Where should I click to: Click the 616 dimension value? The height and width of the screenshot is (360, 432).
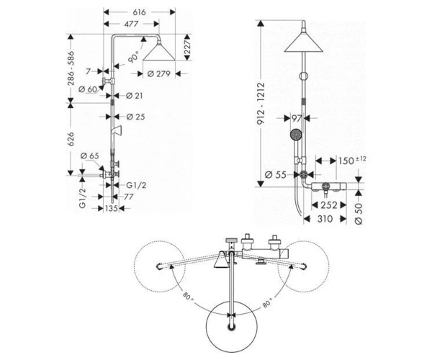pos(139,12)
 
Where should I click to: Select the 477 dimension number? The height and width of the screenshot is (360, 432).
pos(131,24)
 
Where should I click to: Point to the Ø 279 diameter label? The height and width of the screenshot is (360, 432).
pos(158,74)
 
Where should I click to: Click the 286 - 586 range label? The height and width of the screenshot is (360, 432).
pos(71,68)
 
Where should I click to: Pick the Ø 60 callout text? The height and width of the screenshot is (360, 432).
pos(88,89)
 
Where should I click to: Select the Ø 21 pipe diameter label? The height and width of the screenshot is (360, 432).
pos(134,96)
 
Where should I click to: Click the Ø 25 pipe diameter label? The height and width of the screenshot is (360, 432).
pos(135,117)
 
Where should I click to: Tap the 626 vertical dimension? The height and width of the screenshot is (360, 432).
pos(71,139)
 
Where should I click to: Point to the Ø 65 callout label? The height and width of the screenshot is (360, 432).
pos(90,156)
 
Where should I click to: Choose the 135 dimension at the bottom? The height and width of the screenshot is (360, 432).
pos(112,209)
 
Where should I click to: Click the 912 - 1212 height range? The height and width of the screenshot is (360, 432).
pos(261,103)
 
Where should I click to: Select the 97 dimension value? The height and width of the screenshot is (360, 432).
pos(297,118)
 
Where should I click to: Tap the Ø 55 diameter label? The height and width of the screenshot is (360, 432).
pos(275,175)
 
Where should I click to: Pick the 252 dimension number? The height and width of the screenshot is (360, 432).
pos(329,205)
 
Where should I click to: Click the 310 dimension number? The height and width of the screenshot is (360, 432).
pos(325,219)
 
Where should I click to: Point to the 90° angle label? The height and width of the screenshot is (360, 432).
pos(133,58)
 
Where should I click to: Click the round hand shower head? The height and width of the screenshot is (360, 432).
pos(296,135)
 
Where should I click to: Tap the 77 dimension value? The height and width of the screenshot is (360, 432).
pos(129,197)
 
